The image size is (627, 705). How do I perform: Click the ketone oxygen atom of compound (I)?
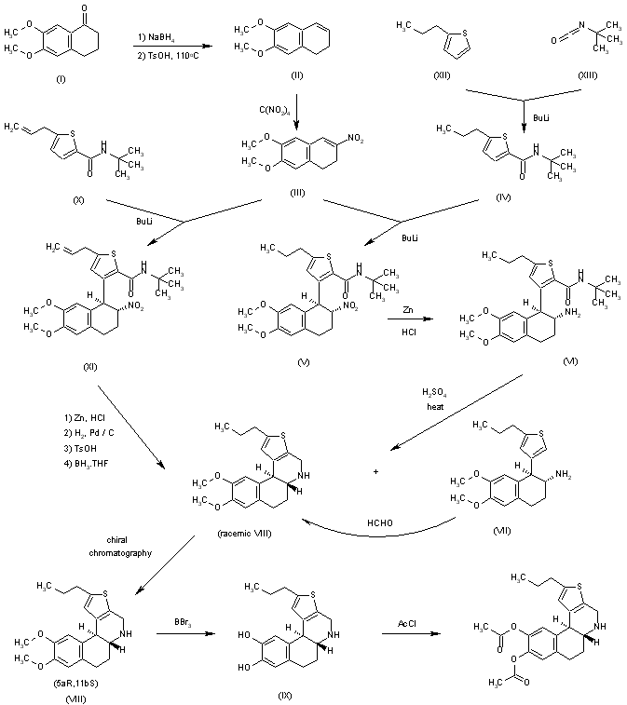(109, 13)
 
